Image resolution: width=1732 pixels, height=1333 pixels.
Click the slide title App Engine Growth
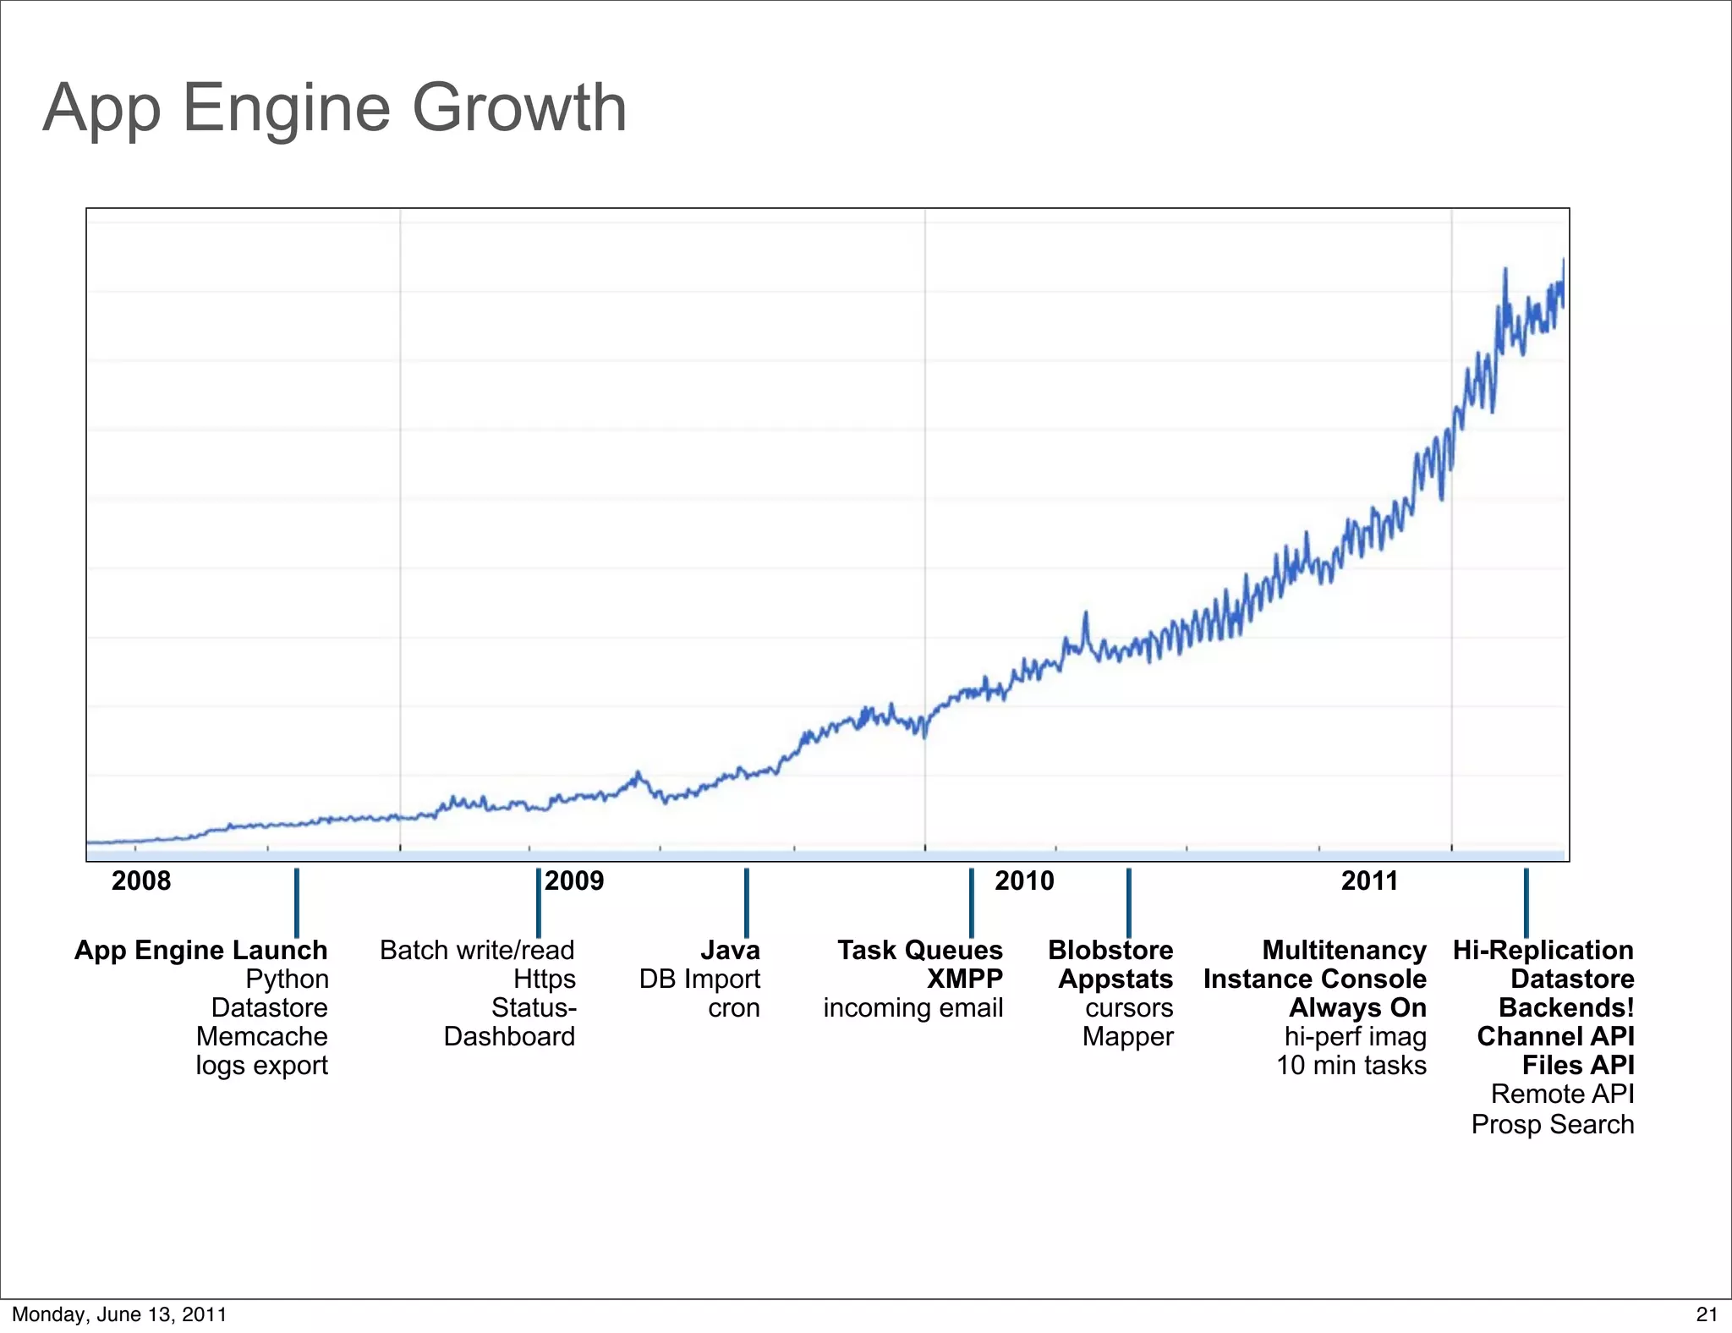coord(335,108)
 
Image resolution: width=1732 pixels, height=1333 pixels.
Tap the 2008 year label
coord(141,881)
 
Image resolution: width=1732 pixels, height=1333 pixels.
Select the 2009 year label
coord(575,881)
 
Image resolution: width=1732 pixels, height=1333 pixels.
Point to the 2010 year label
coord(1024,881)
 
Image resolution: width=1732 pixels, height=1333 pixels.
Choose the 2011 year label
coord(1370,881)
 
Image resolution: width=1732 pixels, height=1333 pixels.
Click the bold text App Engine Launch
coord(201,951)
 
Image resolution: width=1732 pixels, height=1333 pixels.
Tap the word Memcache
coord(261,1037)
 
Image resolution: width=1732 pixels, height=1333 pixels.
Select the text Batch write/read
coord(477,951)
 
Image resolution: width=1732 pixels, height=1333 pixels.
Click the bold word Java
coord(730,951)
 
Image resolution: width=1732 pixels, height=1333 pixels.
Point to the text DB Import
coord(699,979)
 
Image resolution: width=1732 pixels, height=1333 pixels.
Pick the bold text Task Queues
coord(920,951)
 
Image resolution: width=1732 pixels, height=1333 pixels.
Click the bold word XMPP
coord(965,979)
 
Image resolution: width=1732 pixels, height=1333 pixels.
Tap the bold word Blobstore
coord(1110,951)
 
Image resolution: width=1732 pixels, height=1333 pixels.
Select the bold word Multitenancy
coord(1344,951)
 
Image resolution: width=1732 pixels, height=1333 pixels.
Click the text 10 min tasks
coord(1351,1066)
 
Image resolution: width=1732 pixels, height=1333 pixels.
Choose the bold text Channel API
coord(1555,1037)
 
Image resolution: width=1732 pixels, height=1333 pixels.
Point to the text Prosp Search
coord(1553,1125)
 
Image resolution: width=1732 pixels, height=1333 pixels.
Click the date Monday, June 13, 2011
coord(119,1314)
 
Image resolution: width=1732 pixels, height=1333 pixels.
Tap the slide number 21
coord(1707,1314)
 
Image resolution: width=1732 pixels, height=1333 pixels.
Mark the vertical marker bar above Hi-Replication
coord(1526,902)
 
